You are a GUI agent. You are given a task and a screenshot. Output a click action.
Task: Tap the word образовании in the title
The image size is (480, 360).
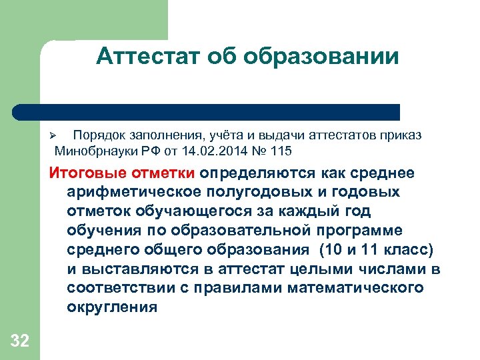click(321, 57)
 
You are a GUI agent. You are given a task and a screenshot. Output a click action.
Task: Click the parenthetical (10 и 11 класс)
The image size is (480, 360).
click(377, 250)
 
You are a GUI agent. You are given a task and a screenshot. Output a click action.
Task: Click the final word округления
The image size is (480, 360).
click(112, 307)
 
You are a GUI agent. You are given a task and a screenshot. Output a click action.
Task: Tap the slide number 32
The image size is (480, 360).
click(20, 342)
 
